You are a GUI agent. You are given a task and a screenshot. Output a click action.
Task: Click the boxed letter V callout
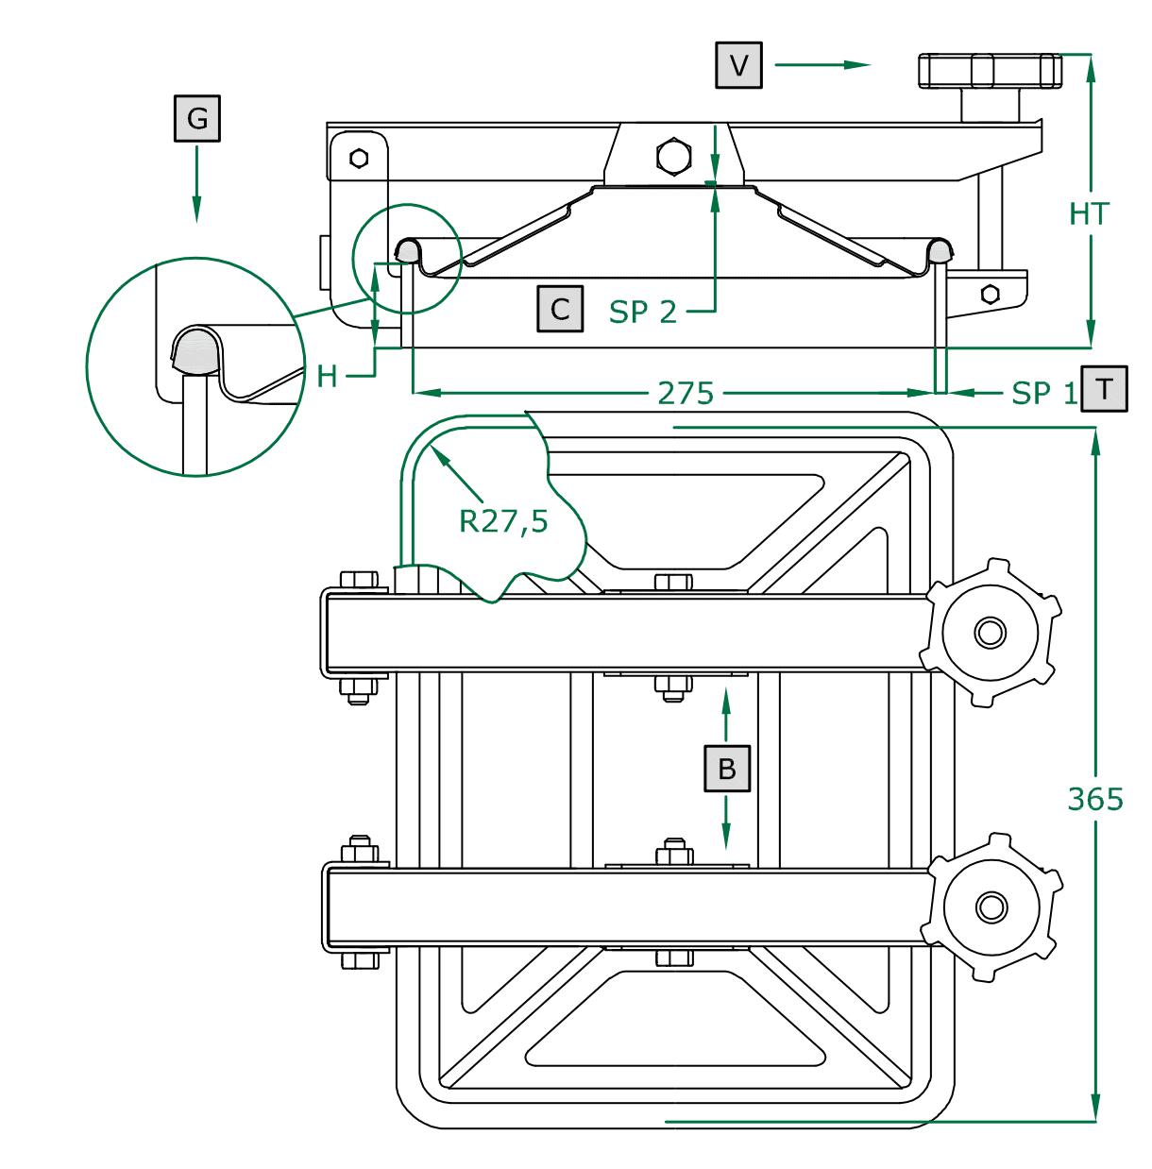point(738,65)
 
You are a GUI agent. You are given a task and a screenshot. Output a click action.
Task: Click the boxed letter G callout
point(196,118)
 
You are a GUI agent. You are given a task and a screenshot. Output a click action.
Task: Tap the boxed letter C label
point(560,309)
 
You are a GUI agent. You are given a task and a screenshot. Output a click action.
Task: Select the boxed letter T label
point(1104,388)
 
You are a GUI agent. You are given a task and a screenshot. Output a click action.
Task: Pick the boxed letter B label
point(726,768)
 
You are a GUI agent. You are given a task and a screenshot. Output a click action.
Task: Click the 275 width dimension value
point(686,393)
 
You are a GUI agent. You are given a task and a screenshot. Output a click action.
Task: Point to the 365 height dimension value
point(1095,799)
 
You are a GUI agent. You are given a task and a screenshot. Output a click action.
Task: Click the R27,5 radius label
point(503,520)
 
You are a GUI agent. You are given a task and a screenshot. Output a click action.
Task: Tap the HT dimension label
point(1089,214)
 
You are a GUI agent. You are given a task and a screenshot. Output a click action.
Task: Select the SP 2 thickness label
point(643,312)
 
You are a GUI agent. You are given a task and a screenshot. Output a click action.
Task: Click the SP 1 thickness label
point(1043,393)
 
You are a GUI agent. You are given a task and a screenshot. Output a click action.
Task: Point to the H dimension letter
point(327,377)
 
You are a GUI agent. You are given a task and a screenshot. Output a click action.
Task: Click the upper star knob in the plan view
point(991,632)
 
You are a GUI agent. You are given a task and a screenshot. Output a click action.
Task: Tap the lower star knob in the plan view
point(991,907)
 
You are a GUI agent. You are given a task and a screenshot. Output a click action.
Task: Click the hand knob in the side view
point(990,71)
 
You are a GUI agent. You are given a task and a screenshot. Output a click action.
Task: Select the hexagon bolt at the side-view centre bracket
point(673,156)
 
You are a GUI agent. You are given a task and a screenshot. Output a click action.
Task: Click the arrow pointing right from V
point(822,65)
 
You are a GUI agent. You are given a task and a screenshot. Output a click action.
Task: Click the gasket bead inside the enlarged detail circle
point(195,350)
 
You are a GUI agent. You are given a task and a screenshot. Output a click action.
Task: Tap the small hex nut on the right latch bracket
point(990,294)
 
